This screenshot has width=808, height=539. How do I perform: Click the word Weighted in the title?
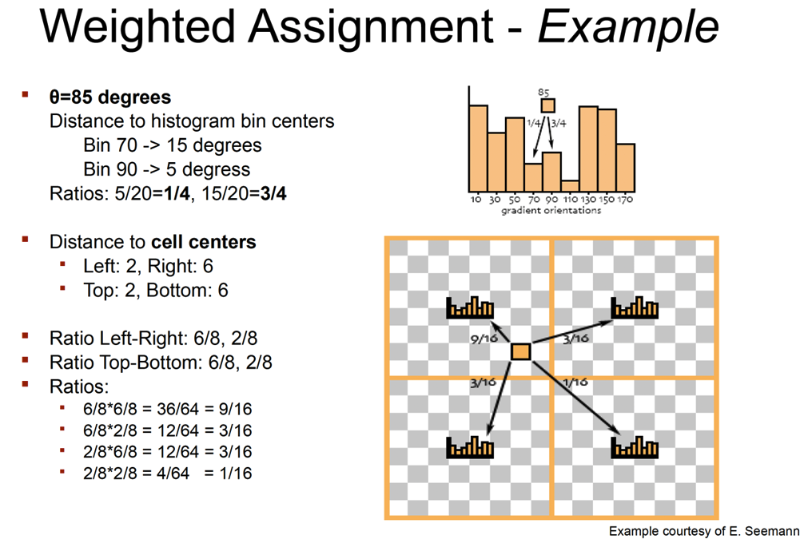point(137,27)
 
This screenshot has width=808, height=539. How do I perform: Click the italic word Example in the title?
point(628,27)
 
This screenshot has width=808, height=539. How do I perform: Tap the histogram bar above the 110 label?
point(570,186)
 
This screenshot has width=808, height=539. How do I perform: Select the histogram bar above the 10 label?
point(478,149)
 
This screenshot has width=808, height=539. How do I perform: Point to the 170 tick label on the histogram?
point(625,199)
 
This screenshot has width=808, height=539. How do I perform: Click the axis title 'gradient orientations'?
point(551,211)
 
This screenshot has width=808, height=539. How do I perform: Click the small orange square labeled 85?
point(547,105)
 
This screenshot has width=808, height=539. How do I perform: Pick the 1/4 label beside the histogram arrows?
point(534,122)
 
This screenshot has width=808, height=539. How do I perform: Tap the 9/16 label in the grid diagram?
point(484,339)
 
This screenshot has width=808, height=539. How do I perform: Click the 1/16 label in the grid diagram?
point(575,382)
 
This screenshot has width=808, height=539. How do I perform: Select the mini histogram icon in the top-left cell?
point(470,307)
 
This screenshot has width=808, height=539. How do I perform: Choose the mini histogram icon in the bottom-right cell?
point(635,447)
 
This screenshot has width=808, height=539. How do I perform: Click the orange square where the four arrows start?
point(521,352)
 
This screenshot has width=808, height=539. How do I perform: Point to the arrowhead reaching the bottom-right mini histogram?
point(616,430)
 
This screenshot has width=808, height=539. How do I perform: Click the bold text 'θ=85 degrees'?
point(110,97)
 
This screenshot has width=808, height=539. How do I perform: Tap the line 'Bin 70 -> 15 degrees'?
point(173,145)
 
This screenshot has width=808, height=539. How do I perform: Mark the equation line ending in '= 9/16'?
point(168,409)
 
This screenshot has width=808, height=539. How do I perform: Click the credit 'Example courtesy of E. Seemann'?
point(704,531)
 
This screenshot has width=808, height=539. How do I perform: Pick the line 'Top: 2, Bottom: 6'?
point(156,291)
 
